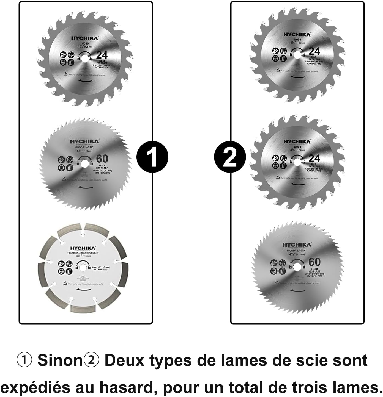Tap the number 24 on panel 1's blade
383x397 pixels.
pyautogui.click(x=102, y=55)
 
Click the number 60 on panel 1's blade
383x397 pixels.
pyautogui.click(x=102, y=159)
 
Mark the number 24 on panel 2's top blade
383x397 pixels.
pyautogui.click(x=314, y=51)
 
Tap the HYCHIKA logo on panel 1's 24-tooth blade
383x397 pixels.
pyautogui.click(x=84, y=39)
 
